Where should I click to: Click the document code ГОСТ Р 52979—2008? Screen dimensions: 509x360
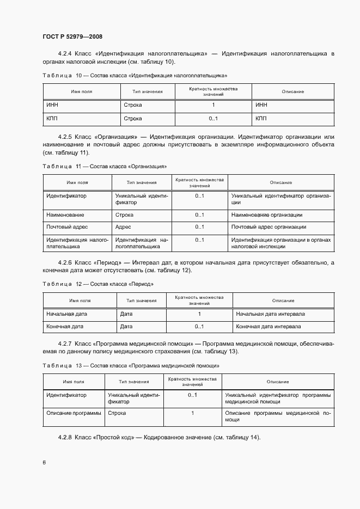coord(72,36)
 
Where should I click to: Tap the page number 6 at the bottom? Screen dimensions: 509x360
coord(44,462)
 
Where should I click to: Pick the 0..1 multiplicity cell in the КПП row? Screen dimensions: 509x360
coord(213,118)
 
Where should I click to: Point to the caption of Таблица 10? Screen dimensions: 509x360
coord(135,75)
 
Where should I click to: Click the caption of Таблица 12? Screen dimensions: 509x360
coord(97,284)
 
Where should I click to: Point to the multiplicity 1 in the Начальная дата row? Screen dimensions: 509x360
coord(199,314)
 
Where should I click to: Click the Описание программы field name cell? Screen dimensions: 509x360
coord(74,413)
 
